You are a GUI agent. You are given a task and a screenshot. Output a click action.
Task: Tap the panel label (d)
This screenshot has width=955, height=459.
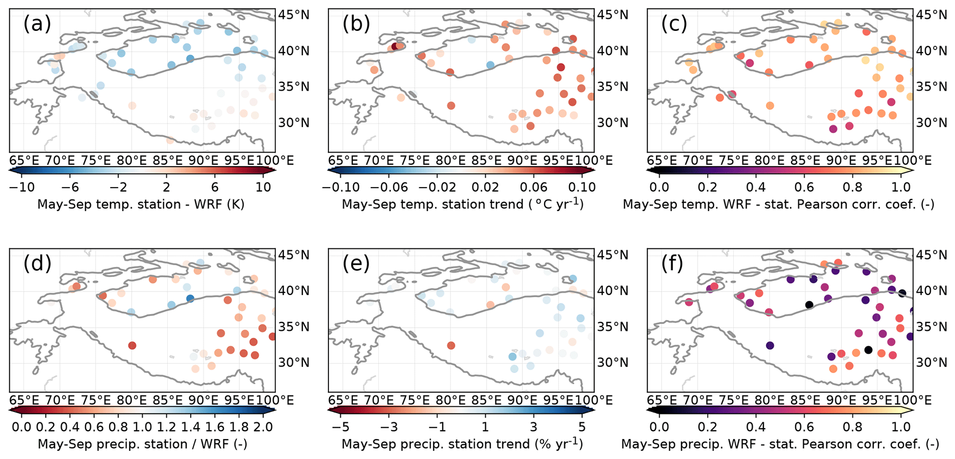point(37,263)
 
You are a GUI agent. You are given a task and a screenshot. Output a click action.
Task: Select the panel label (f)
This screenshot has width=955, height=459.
point(673,263)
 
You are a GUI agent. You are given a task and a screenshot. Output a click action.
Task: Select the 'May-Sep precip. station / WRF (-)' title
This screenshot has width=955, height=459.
point(142,444)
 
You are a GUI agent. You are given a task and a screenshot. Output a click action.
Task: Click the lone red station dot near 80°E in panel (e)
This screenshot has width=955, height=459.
point(451,345)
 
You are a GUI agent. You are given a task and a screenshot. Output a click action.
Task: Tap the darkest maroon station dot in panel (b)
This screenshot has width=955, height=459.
point(395,46)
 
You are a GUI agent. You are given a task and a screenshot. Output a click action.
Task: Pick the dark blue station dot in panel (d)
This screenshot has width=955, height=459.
point(190,298)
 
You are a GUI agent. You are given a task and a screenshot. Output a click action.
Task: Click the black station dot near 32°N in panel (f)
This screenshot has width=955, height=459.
point(868,350)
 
